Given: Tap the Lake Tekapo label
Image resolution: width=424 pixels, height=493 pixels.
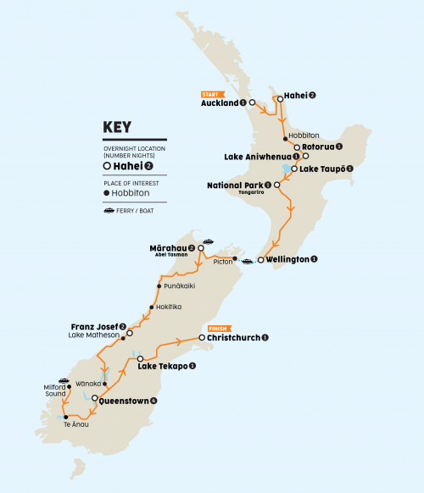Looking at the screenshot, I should point(166,366).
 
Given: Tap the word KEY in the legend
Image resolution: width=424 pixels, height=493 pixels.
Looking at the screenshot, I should point(117,127).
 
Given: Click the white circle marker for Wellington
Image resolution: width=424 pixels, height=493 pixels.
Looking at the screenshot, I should point(260,258).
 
